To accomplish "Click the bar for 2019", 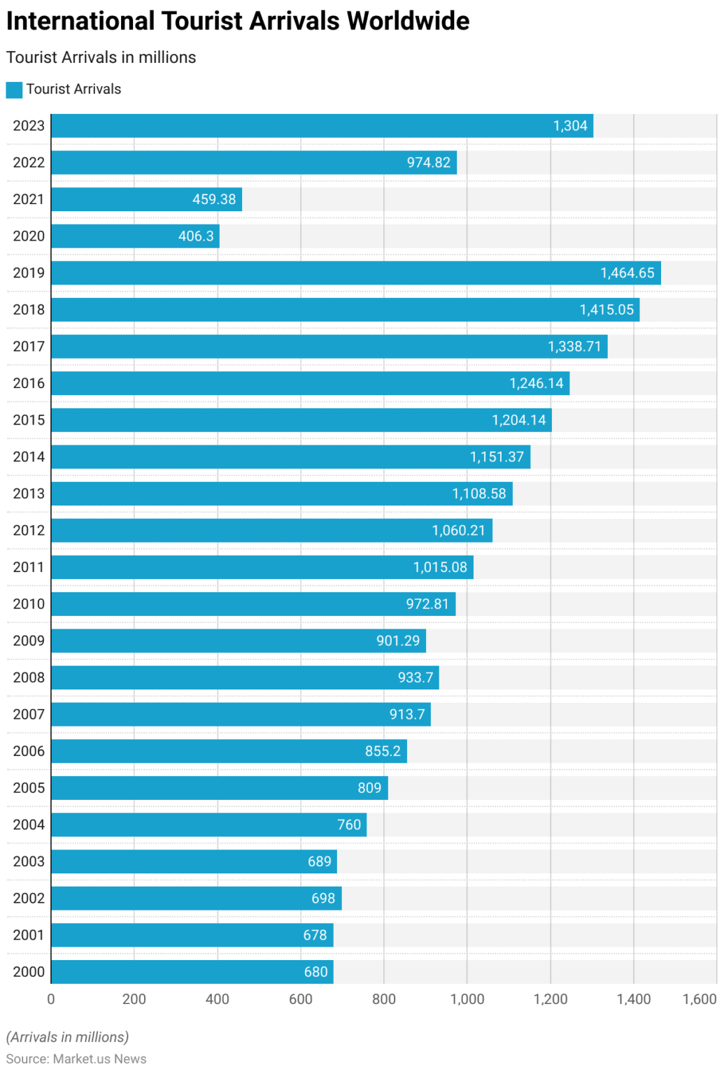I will pyautogui.click(x=355, y=273).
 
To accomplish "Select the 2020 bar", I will pyautogui.click(x=135, y=236).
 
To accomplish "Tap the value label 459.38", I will pyautogui.click(x=214, y=199).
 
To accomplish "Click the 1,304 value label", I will pyautogui.click(x=570, y=126).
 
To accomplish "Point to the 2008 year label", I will pyautogui.click(x=29, y=678).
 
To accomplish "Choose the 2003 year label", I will pyautogui.click(x=29, y=861).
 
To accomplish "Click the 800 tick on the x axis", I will pyautogui.click(x=384, y=999).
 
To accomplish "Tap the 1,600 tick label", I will pyautogui.click(x=700, y=999).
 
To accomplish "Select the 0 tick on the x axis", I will pyautogui.click(x=51, y=999).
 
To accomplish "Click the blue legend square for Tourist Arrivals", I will pyautogui.click(x=14, y=89).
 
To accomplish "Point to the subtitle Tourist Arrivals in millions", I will pyautogui.click(x=101, y=57).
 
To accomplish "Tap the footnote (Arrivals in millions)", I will pyautogui.click(x=68, y=1037).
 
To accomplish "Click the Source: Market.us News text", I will pyautogui.click(x=76, y=1059).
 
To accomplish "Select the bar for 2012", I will pyautogui.click(x=271, y=531).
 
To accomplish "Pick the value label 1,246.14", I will pyautogui.click(x=536, y=383).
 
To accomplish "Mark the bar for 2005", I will pyautogui.click(x=219, y=788).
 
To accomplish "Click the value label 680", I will pyautogui.click(x=315, y=972).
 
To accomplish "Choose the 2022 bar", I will pyautogui.click(x=253, y=163).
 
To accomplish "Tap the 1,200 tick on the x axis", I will pyautogui.click(x=551, y=999).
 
